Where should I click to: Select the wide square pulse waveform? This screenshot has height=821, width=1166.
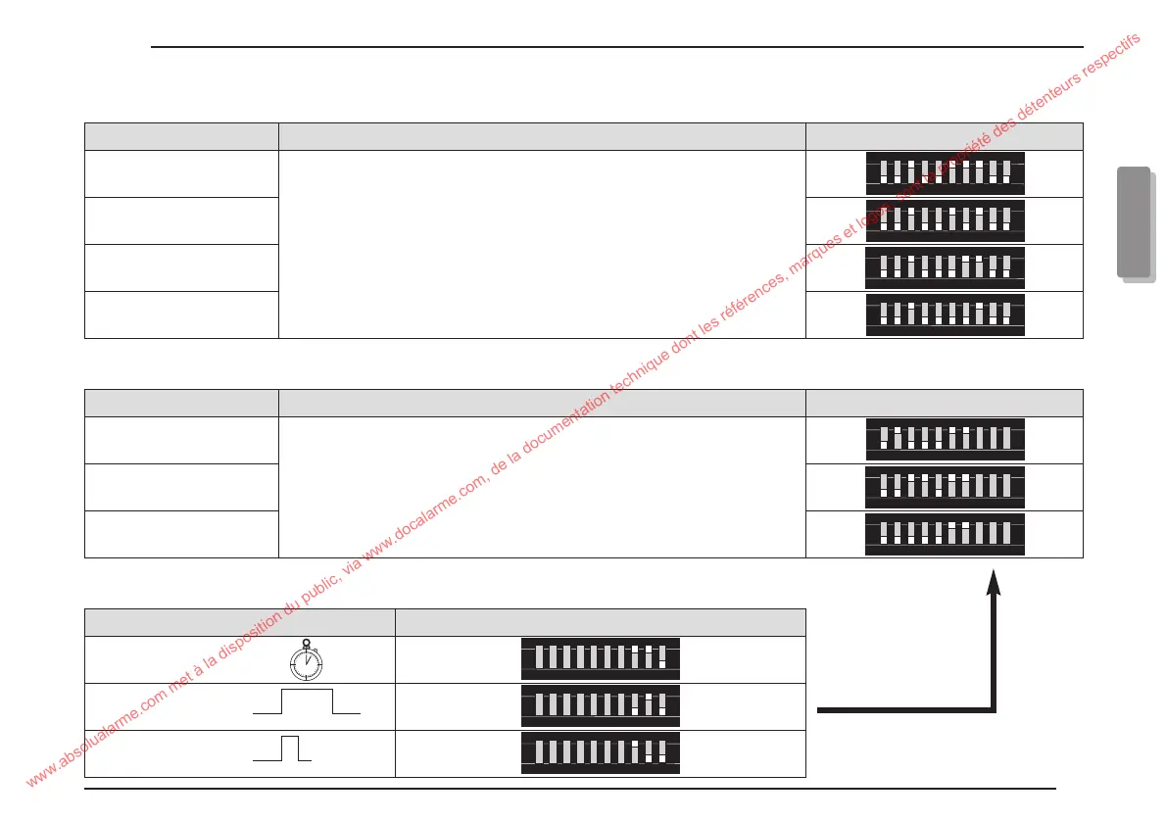pyautogui.click(x=307, y=702)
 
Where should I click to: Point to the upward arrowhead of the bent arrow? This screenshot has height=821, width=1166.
pyautogui.click(x=994, y=581)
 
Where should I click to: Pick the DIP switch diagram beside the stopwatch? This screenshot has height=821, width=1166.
pyautogui.click(x=600, y=659)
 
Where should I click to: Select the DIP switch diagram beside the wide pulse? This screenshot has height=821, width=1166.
pyautogui.click(x=600, y=706)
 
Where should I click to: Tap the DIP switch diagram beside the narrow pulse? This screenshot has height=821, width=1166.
pyautogui.click(x=600, y=753)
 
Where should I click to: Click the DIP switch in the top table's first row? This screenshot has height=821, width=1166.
pyautogui.click(x=945, y=173)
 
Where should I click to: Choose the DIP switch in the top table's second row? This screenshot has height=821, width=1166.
pyautogui.click(x=945, y=220)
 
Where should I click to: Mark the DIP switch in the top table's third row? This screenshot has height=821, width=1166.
pyautogui.click(x=945, y=267)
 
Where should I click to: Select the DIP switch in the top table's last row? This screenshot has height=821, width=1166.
pyautogui.click(x=945, y=314)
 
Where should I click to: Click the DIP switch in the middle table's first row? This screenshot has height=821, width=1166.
pyautogui.click(x=945, y=440)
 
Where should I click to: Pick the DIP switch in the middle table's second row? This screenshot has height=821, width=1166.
pyautogui.click(x=945, y=487)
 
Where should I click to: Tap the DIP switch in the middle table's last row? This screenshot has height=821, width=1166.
pyautogui.click(x=945, y=534)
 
